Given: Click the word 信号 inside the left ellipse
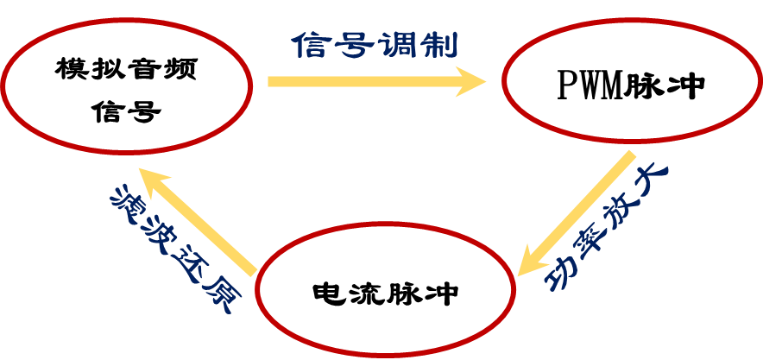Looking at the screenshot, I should pos(126,111).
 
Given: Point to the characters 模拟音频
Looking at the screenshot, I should pos(126,69).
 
